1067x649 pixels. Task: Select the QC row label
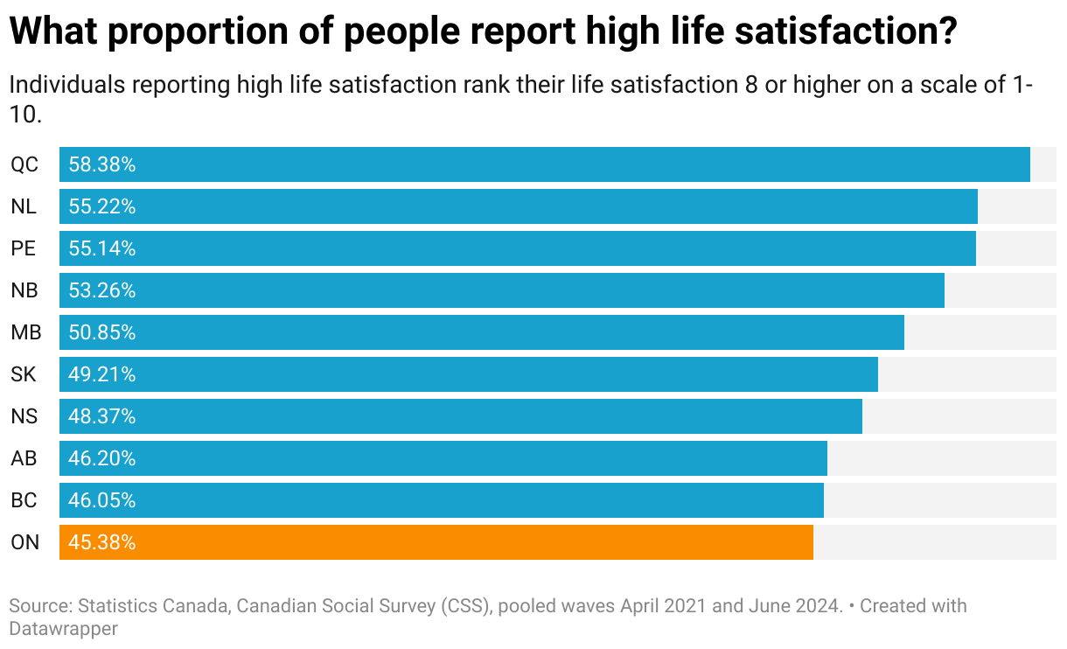[x=24, y=164]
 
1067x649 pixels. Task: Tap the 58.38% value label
[x=102, y=164]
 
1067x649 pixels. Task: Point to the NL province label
[x=24, y=206]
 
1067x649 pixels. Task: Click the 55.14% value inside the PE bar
[x=102, y=248]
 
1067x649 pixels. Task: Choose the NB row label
[x=24, y=290]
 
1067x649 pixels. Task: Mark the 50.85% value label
[x=102, y=332]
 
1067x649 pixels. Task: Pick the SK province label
[x=24, y=374]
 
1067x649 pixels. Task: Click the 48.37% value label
[x=102, y=416]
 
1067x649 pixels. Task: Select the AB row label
[x=24, y=458]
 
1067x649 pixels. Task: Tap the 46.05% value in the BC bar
[x=102, y=500]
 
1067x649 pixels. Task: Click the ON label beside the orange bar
[x=25, y=542]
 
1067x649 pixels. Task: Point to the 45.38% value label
[x=102, y=542]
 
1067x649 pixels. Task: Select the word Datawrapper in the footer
[x=63, y=628]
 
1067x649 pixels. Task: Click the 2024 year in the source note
[x=817, y=605]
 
